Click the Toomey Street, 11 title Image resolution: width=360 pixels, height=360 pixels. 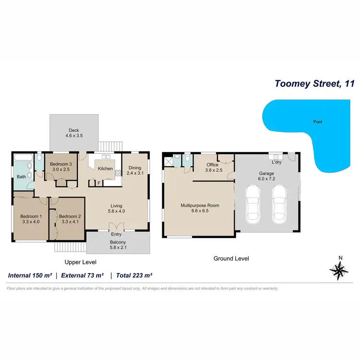pyautogui.click(x=314, y=84)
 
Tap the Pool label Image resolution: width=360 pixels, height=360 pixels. pyautogui.click(x=317, y=122)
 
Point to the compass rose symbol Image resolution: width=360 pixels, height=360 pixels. pyautogui.click(x=340, y=271)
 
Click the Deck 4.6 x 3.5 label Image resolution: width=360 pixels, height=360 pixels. pyautogui.click(x=74, y=133)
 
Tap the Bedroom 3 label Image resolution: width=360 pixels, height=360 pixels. pyautogui.click(x=60, y=167)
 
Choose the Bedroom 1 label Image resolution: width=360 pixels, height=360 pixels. pyautogui.click(x=31, y=219)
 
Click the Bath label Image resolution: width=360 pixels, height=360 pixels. pyautogui.click(x=22, y=177)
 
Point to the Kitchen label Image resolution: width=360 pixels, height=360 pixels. pyautogui.click(x=105, y=168)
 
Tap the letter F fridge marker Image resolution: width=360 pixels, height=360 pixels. pyautogui.click(x=99, y=183)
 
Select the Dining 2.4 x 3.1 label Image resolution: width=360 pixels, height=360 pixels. pyautogui.click(x=134, y=170)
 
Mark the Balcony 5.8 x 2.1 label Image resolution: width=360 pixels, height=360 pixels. pyautogui.click(x=118, y=245)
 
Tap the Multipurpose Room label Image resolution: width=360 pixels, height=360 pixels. pyautogui.click(x=200, y=208)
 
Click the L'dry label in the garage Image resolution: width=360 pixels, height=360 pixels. pyautogui.click(x=276, y=162)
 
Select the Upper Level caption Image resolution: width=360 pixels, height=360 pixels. pyautogui.click(x=81, y=262)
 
